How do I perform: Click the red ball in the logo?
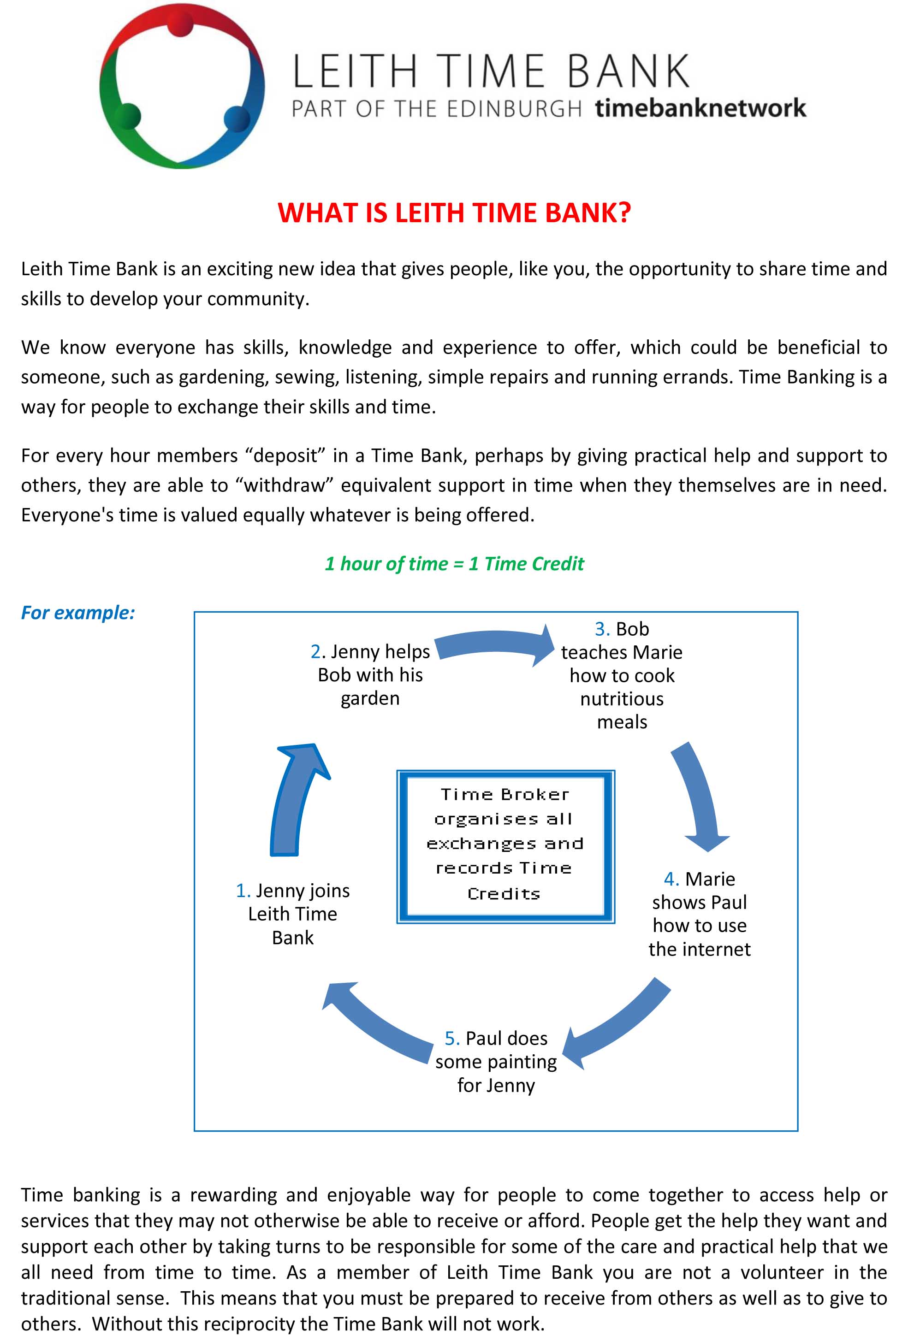pyautogui.click(x=181, y=24)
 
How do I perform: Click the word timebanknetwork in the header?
pyautogui.click(x=700, y=108)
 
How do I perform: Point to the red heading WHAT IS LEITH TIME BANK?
pyautogui.click(x=454, y=213)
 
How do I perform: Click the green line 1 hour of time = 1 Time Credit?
pyautogui.click(x=454, y=564)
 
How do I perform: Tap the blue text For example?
pyautogui.click(x=78, y=613)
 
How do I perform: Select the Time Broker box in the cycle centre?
pyautogui.click(x=505, y=846)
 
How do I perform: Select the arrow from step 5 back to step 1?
pyautogui.click(x=375, y=1024)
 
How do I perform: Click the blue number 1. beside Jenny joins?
pyautogui.click(x=243, y=891)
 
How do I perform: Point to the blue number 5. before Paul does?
pyautogui.click(x=452, y=1039)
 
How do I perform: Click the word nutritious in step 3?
pyautogui.click(x=622, y=699)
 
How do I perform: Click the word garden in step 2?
pyautogui.click(x=370, y=698)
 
